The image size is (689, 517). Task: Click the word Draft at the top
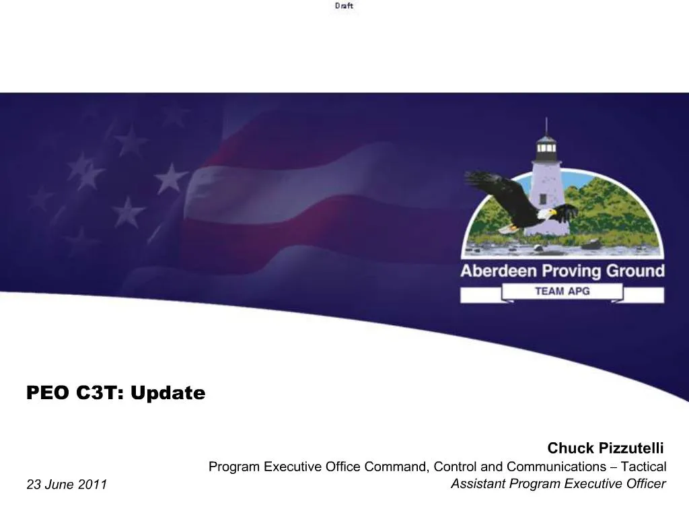pos(344,6)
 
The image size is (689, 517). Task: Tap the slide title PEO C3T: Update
pos(116,392)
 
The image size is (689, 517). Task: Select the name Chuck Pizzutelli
pos(605,448)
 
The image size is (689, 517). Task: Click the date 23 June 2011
pos(67,485)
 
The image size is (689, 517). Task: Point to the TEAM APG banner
pos(562,291)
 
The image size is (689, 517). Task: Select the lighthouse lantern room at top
pos(546,145)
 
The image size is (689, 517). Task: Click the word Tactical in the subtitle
pos(643,467)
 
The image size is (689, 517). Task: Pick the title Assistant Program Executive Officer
pos(558,483)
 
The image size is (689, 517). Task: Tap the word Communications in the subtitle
pos(556,467)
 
